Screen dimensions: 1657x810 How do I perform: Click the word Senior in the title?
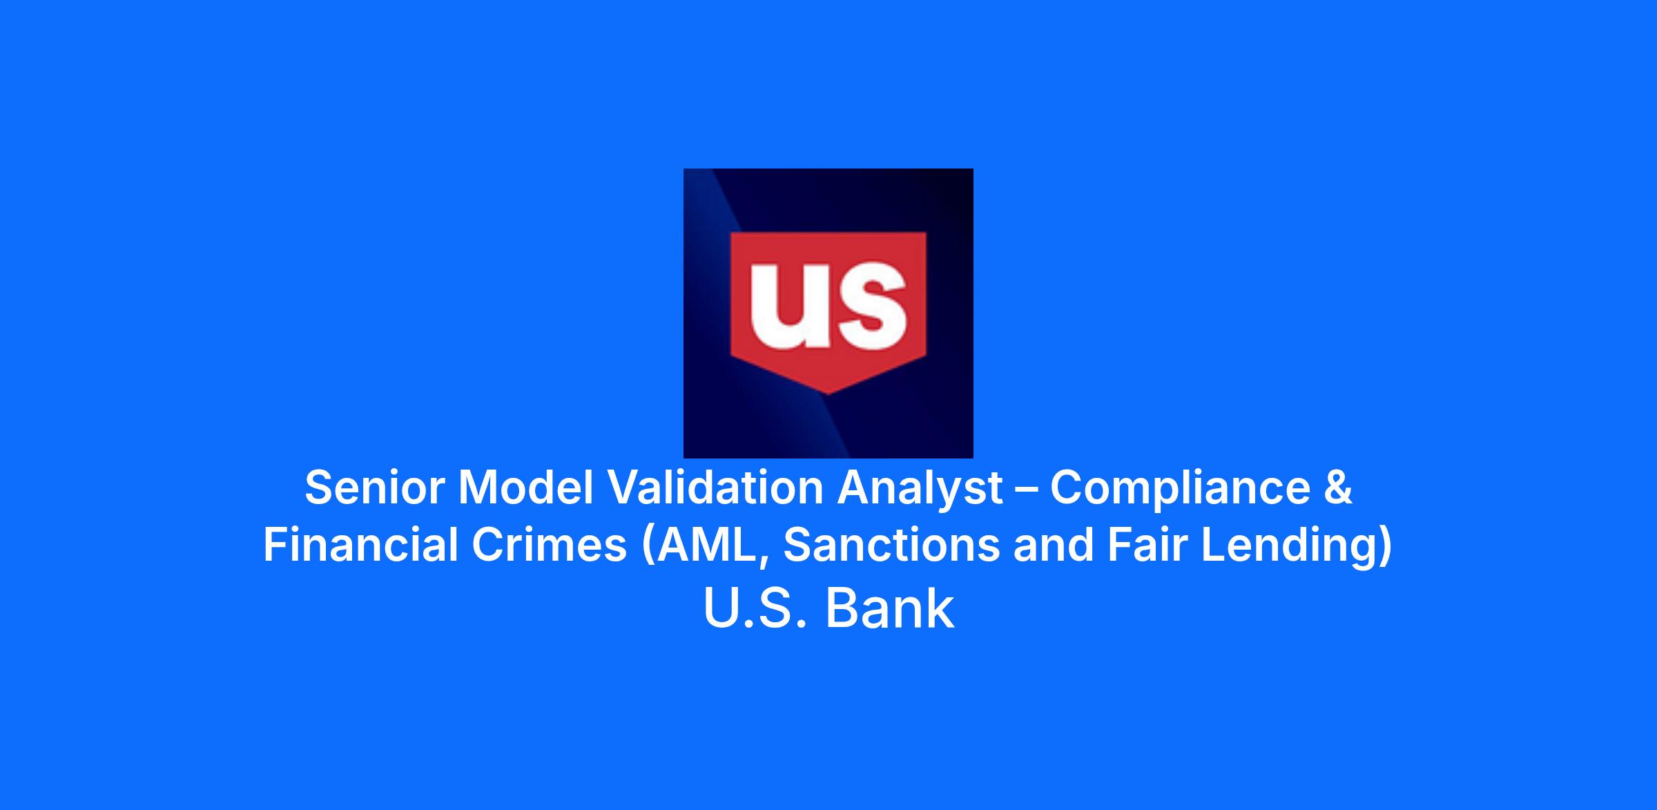374,488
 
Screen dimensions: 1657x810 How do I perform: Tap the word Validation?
715,488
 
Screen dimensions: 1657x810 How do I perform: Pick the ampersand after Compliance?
1339,488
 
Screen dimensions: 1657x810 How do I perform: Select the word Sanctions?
891,545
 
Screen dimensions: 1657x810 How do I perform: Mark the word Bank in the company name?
891,608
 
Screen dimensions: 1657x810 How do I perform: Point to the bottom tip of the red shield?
828,394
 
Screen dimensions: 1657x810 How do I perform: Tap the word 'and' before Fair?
1054,545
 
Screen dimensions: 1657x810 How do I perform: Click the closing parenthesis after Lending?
1384,546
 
